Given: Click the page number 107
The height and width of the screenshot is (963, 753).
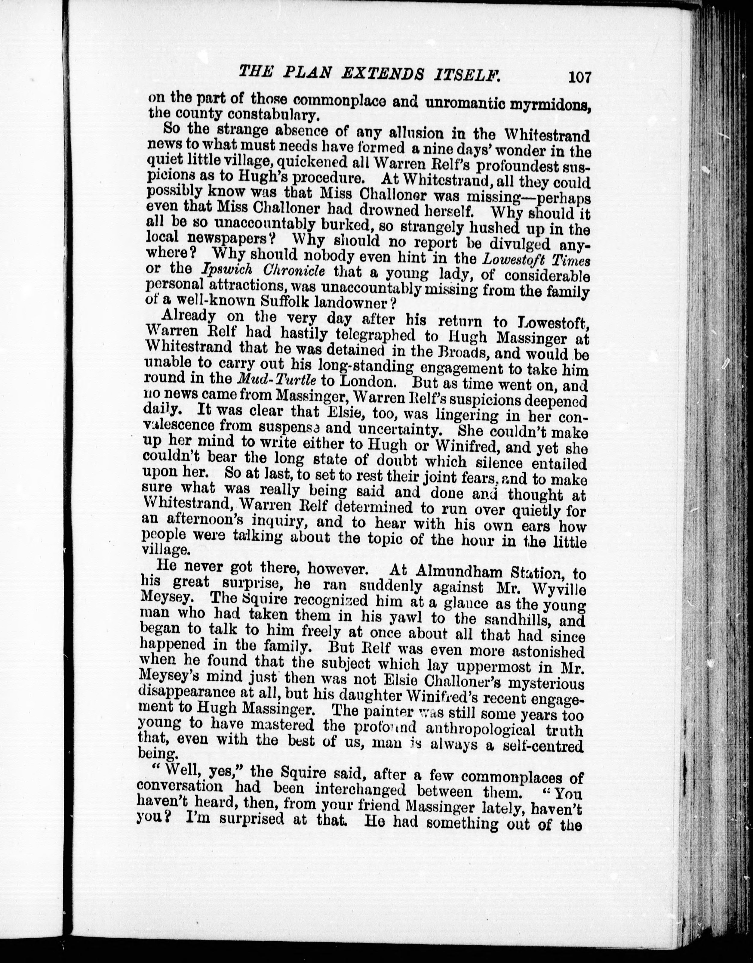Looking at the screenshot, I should pyautogui.click(x=579, y=77).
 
